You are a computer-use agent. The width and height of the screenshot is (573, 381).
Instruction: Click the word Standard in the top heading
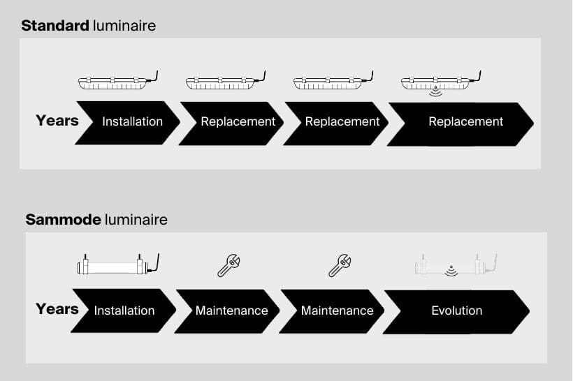click(55, 27)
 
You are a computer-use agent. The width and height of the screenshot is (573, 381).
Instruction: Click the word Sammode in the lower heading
click(63, 220)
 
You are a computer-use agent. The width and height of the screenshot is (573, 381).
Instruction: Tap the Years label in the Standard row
click(57, 121)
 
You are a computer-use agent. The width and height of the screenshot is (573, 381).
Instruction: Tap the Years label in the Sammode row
click(57, 308)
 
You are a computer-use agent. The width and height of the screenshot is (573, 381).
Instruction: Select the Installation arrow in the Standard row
click(130, 122)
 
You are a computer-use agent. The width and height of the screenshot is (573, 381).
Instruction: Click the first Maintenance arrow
click(230, 311)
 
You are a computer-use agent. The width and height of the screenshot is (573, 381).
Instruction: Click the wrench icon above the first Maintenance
click(229, 265)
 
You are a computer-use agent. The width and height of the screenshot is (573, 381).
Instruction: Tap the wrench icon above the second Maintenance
click(340, 265)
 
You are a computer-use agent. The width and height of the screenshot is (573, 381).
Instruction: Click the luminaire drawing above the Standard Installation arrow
click(116, 82)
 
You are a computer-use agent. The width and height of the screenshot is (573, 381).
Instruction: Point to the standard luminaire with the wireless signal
click(438, 82)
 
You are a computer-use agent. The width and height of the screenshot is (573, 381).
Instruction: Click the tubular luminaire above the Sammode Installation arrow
click(116, 265)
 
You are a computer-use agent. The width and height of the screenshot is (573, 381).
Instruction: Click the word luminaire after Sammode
click(136, 220)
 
